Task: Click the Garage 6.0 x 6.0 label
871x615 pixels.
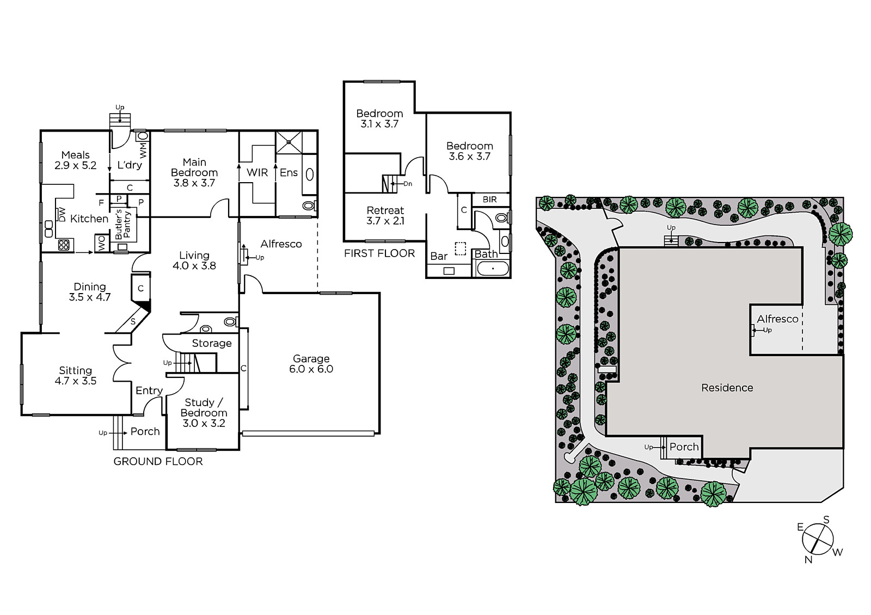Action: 311,364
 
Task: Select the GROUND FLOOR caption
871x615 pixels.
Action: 158,462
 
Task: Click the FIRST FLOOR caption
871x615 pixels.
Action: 379,254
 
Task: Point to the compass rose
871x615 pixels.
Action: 818,539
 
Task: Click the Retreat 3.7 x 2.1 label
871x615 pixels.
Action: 385,216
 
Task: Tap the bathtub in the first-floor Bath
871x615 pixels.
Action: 493,269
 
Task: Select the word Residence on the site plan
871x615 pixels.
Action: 727,388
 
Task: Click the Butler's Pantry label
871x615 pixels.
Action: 122,225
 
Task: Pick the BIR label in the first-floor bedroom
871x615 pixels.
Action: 489,200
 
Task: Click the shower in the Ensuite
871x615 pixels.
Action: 289,142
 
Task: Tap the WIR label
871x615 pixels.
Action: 257,173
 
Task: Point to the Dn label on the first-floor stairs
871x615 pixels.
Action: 408,184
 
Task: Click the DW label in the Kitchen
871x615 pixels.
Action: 62,214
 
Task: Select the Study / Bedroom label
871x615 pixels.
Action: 204,413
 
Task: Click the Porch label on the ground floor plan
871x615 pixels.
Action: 145,431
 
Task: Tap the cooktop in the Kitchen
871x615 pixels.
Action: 63,245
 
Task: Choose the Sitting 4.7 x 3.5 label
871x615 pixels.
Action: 76,376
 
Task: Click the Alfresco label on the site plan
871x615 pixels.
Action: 777,319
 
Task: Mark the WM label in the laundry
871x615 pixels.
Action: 144,150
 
